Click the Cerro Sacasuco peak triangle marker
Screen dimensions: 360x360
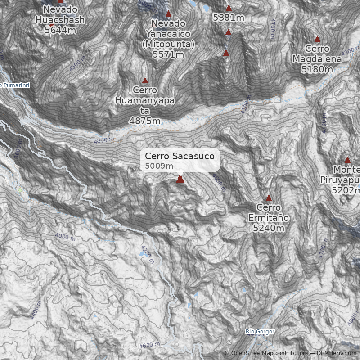[x=180, y=180]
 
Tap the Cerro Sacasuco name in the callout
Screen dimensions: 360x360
[x=182, y=156]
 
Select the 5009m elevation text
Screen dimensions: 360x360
[x=159, y=166]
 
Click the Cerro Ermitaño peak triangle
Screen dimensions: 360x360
[x=269, y=198]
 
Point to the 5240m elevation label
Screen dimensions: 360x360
[x=269, y=229]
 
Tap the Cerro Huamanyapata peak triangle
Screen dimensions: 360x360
[x=145, y=81]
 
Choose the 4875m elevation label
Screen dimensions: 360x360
[x=144, y=121]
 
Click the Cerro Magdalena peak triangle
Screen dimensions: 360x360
[x=317, y=39]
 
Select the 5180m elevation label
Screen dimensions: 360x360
[x=317, y=69]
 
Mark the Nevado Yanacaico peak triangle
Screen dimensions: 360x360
[x=168, y=14]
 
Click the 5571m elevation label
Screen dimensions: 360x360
[x=168, y=54]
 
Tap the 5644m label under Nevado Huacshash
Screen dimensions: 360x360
[x=60, y=30]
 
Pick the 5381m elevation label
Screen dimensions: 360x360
[x=229, y=18]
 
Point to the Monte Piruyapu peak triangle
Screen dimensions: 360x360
[x=347, y=160]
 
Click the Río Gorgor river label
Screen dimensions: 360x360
[x=260, y=332]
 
